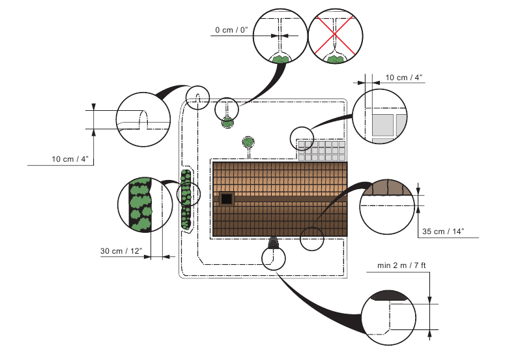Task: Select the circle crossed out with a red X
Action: [x=335, y=37]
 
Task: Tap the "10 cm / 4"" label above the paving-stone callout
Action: [x=404, y=78]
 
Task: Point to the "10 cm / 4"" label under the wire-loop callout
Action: [x=70, y=159]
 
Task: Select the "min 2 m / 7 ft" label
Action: [x=401, y=266]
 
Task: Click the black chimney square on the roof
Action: [x=227, y=199]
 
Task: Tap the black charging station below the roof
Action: [x=273, y=243]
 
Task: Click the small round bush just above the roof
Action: [x=248, y=142]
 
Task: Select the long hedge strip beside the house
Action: [x=186, y=200]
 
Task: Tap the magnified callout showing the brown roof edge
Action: [x=388, y=205]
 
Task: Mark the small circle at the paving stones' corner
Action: [x=302, y=138]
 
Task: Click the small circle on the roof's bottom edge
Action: [x=312, y=238]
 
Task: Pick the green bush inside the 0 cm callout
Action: [x=280, y=59]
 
